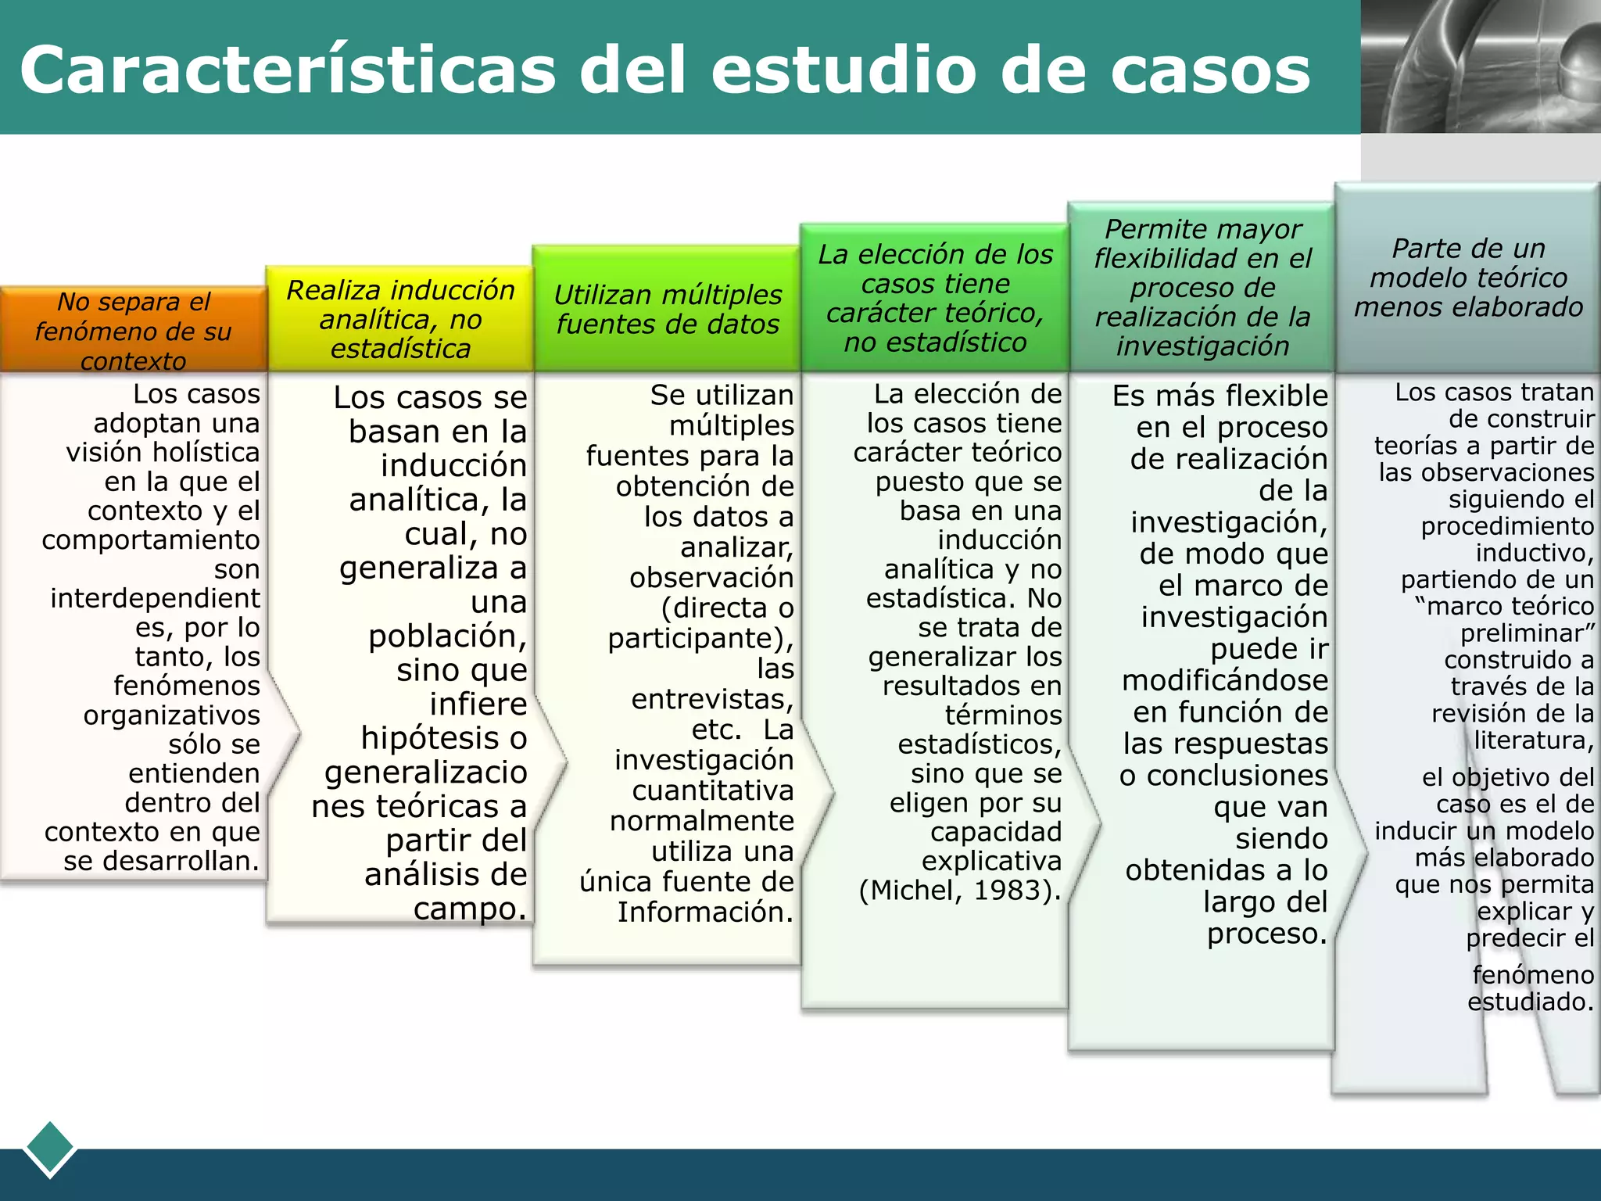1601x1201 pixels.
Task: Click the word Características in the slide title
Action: [x=288, y=70]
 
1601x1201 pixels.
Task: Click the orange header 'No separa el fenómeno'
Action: [x=134, y=331]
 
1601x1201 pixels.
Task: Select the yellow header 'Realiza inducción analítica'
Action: [x=400, y=319]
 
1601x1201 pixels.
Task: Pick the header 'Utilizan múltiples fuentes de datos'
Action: [x=668, y=310]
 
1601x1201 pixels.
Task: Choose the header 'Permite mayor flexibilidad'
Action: [x=1202, y=288]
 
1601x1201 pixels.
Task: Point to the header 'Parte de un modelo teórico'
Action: [x=1468, y=278]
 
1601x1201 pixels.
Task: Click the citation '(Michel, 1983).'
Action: [x=960, y=891]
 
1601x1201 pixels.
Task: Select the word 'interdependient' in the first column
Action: [x=155, y=599]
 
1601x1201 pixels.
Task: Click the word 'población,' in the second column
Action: [x=448, y=636]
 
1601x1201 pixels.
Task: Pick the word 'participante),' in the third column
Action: [x=700, y=639]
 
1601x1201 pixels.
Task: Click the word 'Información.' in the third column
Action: [x=705, y=912]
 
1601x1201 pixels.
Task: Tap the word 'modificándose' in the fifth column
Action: [x=1225, y=681]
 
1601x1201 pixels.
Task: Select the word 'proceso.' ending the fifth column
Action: [x=1267, y=934]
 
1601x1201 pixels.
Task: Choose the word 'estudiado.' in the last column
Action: [x=1530, y=1002]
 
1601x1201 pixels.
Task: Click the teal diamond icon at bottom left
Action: [x=50, y=1148]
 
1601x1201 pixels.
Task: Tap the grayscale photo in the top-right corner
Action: [x=1481, y=66]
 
